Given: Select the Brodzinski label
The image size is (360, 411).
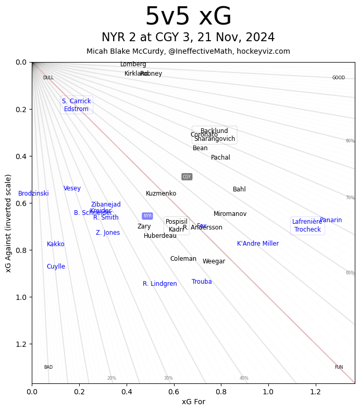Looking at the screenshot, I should pyautogui.click(x=33, y=194).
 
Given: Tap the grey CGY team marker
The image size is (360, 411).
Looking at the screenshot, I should pyautogui.click(x=187, y=177).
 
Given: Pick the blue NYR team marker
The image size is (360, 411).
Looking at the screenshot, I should pyautogui.click(x=147, y=216).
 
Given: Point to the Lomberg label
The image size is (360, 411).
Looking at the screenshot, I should pyautogui.click(x=133, y=64).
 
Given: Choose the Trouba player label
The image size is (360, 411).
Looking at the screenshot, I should pyautogui.click(x=202, y=282).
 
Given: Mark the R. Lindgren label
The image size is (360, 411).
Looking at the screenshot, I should pyautogui.click(x=160, y=284).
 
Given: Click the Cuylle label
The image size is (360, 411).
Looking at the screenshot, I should pyautogui.click(x=56, y=267).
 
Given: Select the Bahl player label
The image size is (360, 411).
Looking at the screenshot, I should pyautogui.click(x=239, y=189).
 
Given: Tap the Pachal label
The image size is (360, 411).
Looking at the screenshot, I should pyautogui.click(x=220, y=158).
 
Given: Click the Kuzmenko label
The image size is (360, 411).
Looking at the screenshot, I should pyautogui.click(x=161, y=194).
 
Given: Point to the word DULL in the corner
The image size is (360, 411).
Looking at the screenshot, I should pyautogui.click(x=48, y=78).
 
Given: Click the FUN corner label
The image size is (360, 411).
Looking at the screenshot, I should pyautogui.click(x=339, y=367).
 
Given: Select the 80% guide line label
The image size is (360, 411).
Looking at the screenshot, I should pyautogui.click(x=350, y=141).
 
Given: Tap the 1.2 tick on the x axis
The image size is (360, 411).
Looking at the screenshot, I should pyautogui.click(x=315, y=392).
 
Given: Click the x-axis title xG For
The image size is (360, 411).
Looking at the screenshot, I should pyautogui.click(x=193, y=402).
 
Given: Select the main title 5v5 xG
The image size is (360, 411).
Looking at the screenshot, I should pyautogui.click(x=188, y=17).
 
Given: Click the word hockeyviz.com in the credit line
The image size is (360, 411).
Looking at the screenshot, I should pyautogui.click(x=266, y=51).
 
